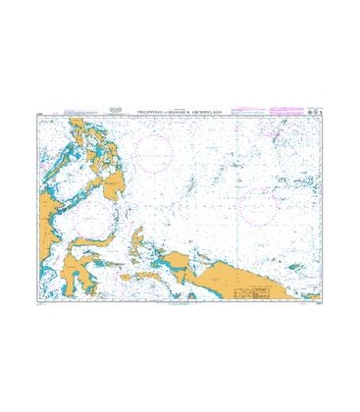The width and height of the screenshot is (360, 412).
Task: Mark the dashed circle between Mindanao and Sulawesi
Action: (88, 212)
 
